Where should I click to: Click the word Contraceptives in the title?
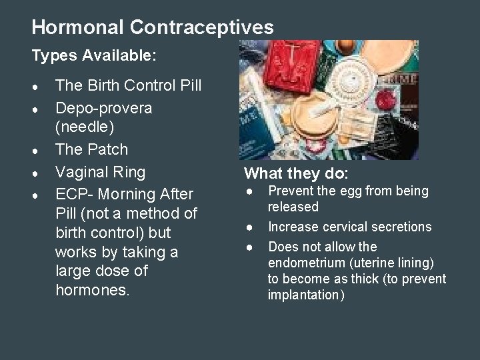[201, 27]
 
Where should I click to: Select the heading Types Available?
[94, 57]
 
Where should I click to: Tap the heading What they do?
[296, 174]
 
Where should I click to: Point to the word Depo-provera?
[103, 108]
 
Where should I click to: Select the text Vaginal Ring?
[100, 172]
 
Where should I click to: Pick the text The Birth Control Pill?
[128, 86]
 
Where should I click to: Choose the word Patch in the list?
[107, 149]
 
